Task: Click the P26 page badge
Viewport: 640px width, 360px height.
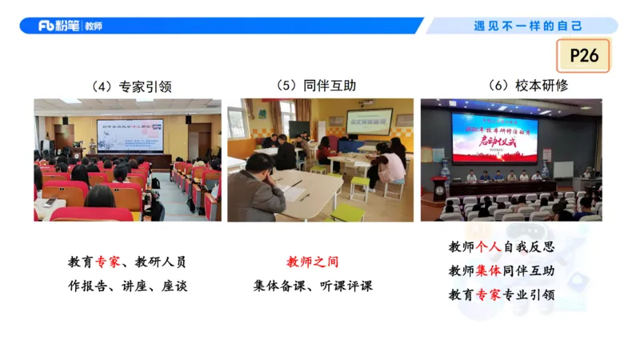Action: tap(583, 55)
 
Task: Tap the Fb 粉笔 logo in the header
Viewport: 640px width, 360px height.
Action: tap(59, 26)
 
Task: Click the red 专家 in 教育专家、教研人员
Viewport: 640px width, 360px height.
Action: tap(107, 262)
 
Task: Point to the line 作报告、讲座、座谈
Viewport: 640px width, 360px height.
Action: tap(128, 286)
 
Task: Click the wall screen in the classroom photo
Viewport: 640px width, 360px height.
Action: tap(370, 120)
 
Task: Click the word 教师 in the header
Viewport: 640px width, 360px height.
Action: tap(93, 26)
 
